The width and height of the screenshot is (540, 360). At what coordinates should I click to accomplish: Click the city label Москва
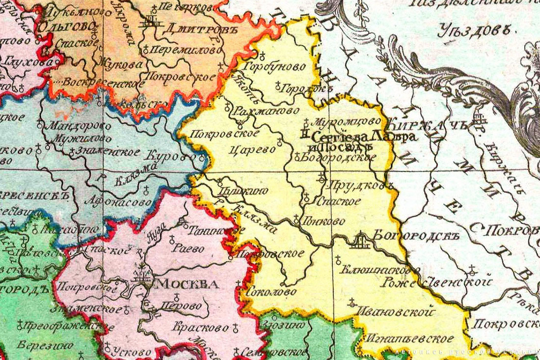187,284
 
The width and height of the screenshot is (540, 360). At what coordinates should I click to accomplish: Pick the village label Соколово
271,291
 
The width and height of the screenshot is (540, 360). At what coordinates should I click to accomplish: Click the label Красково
201,327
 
